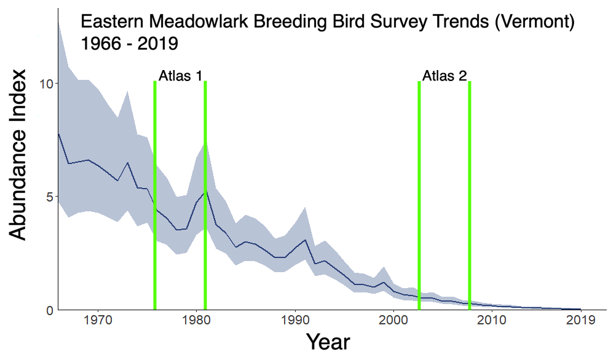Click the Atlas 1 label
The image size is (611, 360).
180,76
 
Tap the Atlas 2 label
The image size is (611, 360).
444,76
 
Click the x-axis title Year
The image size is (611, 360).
328,342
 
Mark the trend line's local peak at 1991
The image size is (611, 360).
305,240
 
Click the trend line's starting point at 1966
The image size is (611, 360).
58,133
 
